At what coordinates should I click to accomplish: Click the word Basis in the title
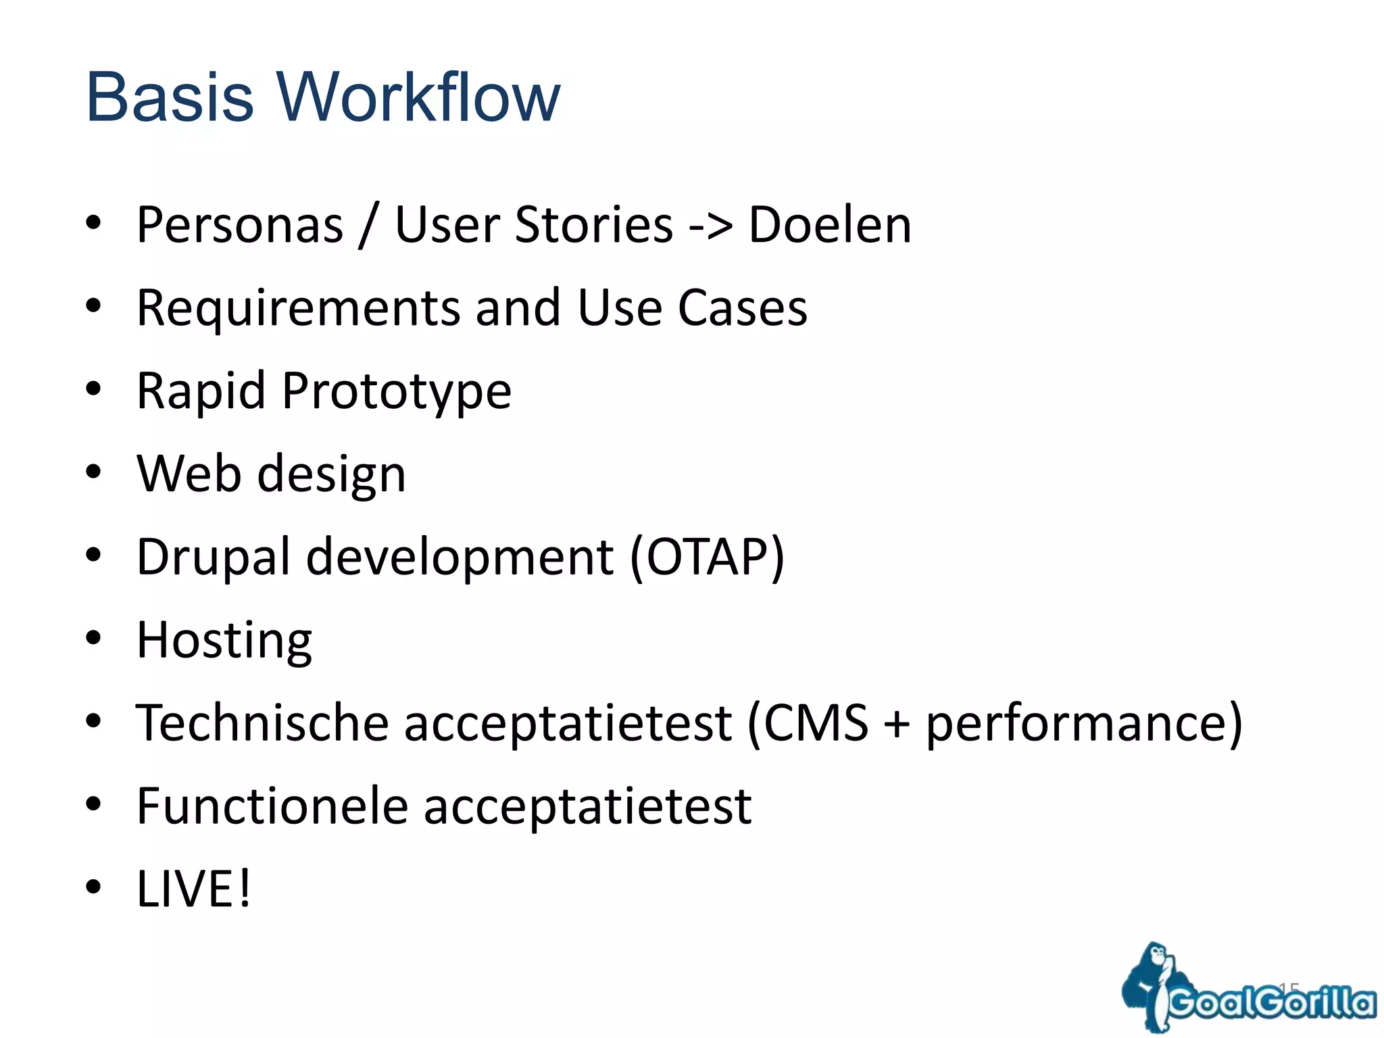point(170,97)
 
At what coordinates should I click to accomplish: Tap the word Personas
point(240,225)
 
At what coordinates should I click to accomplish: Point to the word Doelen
point(830,225)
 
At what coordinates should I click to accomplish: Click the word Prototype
point(397,392)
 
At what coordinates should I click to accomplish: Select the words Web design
point(271,474)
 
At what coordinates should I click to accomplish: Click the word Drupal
point(213,558)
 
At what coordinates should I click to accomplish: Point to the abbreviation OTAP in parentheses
point(707,558)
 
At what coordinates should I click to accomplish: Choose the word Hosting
point(224,641)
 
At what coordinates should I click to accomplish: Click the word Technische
point(262,723)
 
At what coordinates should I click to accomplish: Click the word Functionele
point(272,806)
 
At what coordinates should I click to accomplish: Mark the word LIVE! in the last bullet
point(193,889)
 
